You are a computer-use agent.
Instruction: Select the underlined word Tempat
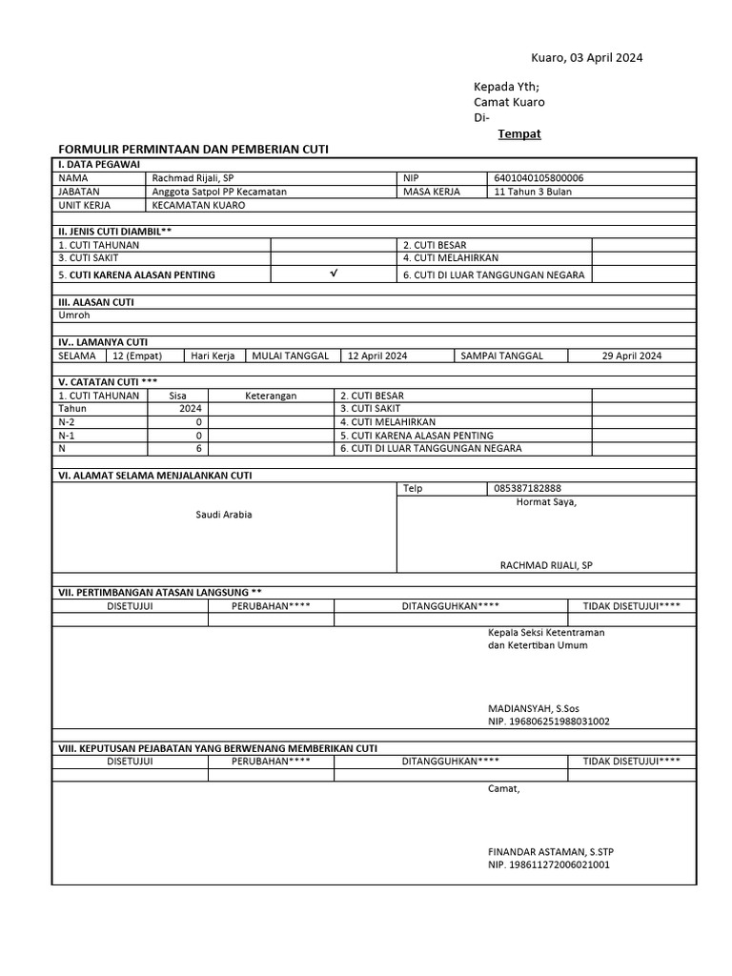[518, 133]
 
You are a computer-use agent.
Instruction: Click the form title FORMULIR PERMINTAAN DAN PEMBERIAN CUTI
[193, 150]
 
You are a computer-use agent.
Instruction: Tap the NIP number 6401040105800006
[539, 177]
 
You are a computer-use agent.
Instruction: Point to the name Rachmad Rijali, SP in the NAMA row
[193, 177]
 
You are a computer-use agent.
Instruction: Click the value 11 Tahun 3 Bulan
[533, 192]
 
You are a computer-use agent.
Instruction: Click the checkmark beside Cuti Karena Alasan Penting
[333, 274]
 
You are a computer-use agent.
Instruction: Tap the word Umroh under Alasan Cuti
[74, 315]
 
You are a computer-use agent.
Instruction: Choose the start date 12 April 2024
[377, 356]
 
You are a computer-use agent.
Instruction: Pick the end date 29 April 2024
[631, 356]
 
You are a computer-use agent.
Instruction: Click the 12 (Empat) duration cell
[137, 356]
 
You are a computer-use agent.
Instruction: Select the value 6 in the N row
[199, 448]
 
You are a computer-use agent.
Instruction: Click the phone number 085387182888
[527, 488]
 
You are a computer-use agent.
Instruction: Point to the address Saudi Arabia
[224, 515]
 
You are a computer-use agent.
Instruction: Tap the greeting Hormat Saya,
[546, 502]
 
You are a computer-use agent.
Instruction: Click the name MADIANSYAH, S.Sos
[533, 709]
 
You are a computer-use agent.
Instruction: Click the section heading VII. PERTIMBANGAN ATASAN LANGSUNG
[159, 592]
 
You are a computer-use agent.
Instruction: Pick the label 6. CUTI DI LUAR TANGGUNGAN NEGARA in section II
[493, 274]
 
